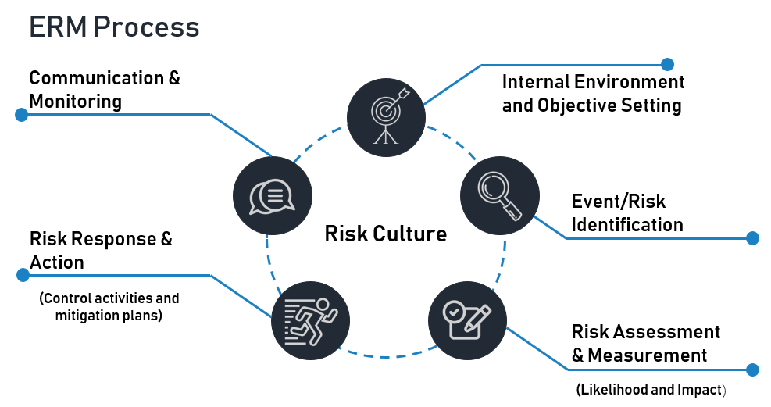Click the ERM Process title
[114, 27]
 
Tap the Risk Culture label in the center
[385, 234]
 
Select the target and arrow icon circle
[386, 118]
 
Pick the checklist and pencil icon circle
[467, 320]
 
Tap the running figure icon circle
[310, 320]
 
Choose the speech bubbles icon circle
[273, 196]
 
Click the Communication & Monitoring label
[104, 90]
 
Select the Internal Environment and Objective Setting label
[593, 94]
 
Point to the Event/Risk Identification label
[627, 213]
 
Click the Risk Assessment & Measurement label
[646, 344]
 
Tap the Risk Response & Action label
[101, 251]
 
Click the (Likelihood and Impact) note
[651, 389]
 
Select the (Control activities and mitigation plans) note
[109, 307]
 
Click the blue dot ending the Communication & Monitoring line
[22, 115]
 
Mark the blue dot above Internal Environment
[667, 64]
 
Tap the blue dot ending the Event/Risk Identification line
[752, 238]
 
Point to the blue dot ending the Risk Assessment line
[752, 370]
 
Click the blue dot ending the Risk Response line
[22, 275]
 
